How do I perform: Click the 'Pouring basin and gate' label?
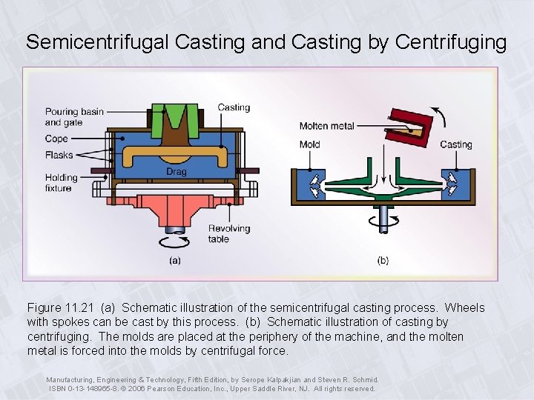click(74, 117)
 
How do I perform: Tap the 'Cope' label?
click(56, 139)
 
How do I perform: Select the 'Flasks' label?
click(59, 155)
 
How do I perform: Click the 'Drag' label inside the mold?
click(177, 171)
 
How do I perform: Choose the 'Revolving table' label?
click(229, 233)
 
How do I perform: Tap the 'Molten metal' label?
click(326, 126)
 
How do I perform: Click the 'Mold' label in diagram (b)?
click(309, 144)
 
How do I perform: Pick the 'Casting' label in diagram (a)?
click(234, 107)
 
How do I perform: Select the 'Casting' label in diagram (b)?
click(456, 144)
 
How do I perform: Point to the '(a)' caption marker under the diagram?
click(174, 260)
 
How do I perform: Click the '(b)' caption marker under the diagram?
click(383, 260)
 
